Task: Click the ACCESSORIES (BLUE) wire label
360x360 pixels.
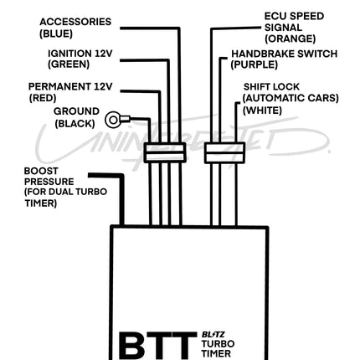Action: [75, 28]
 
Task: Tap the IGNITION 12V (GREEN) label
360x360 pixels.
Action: [80, 58]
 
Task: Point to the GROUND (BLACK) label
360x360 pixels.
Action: [75, 117]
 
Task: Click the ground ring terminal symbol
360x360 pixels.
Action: [114, 121]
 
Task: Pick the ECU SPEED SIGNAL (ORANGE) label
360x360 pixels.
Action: [293, 28]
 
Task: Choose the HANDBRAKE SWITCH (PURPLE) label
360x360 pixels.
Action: [284, 59]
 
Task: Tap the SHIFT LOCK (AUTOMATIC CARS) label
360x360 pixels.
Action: [290, 92]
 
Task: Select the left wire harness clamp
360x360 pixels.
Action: [165, 152]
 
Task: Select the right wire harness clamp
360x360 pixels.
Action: [224, 152]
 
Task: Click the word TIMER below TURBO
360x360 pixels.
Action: [217, 353]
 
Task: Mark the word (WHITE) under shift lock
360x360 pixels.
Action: [262, 110]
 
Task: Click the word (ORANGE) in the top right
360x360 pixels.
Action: [290, 39]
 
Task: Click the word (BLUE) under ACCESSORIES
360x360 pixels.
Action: [56, 33]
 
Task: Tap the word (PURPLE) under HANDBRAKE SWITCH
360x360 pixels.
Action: [255, 64]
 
